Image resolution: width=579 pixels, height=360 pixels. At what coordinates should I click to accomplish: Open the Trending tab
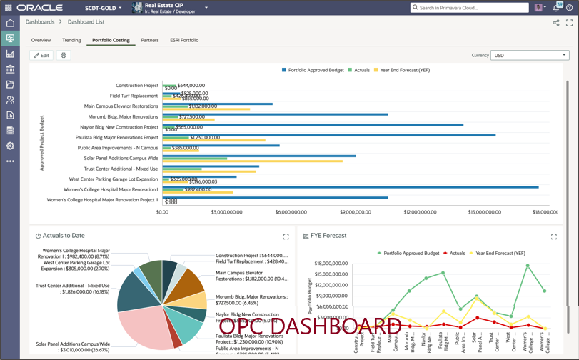71,40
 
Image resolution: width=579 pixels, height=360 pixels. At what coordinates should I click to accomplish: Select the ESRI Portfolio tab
184,40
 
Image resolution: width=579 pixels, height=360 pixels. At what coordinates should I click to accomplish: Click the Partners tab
150,40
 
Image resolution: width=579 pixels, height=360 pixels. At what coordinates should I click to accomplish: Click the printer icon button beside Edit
64,55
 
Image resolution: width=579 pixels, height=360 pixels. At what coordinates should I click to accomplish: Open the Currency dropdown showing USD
530,55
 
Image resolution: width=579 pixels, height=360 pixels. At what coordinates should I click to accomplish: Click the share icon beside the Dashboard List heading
556,23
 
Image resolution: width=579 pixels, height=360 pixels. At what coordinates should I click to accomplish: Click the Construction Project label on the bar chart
137,86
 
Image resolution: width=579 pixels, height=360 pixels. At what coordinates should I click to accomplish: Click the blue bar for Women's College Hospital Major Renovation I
350,187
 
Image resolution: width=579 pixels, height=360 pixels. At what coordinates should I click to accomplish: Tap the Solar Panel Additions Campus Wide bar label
121,158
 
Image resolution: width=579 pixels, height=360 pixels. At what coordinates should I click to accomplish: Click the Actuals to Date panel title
64,236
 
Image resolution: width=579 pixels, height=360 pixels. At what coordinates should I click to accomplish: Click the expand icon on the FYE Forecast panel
554,236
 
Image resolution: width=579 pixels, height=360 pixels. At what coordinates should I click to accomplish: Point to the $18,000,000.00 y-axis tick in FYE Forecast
331,264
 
